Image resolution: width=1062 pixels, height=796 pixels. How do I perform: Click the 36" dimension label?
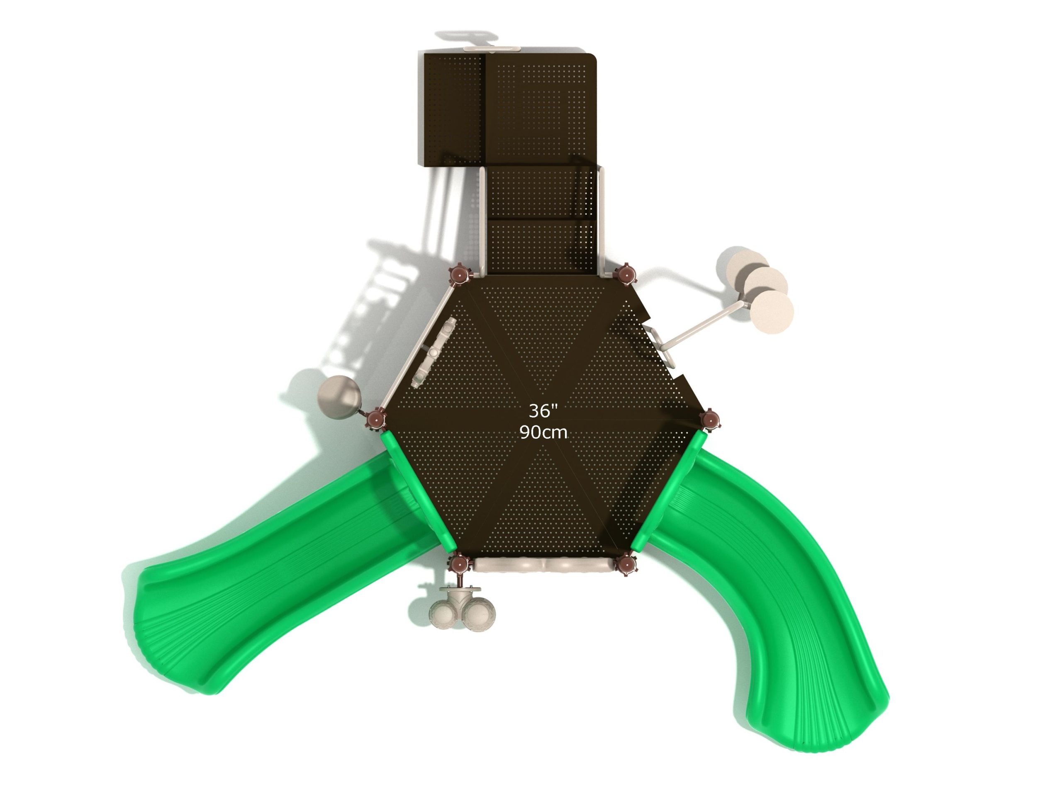click(x=543, y=411)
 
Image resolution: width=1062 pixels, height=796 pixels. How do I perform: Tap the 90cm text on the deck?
click(x=543, y=433)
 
